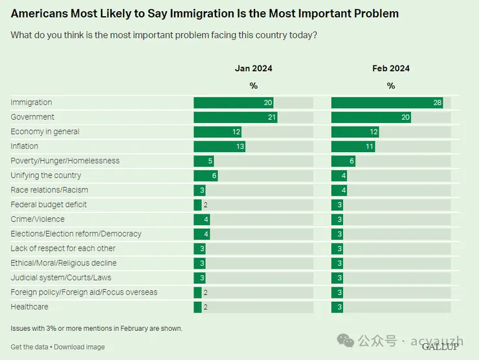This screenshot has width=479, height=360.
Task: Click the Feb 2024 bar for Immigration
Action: click(387, 102)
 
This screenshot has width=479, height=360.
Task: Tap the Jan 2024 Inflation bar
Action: click(219, 146)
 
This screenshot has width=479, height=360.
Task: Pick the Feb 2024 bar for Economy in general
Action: click(355, 131)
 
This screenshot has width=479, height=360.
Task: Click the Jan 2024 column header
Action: click(254, 69)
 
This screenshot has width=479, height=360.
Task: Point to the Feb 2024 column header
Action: click(391, 69)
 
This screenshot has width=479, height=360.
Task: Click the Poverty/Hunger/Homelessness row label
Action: click(65, 161)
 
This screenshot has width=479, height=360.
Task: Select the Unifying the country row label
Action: click(46, 175)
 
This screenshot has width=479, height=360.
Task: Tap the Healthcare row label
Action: click(29, 307)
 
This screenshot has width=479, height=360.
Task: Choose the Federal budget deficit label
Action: click(49, 205)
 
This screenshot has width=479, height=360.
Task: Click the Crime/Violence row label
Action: click(38, 219)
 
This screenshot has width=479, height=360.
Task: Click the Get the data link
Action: click(30, 347)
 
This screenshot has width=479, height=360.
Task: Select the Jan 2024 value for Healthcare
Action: click(206, 307)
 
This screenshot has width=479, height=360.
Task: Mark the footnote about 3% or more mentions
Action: click(96, 328)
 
